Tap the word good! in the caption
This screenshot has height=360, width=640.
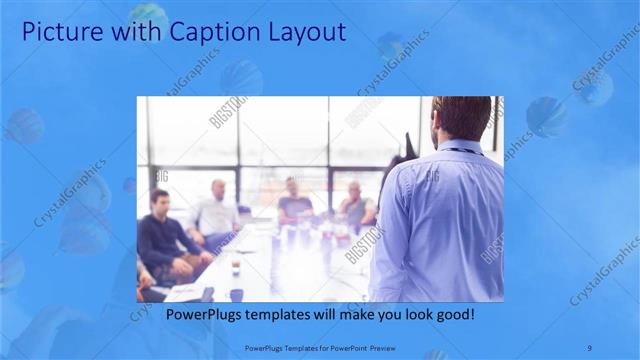[453, 314]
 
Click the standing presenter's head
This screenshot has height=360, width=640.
[461, 117]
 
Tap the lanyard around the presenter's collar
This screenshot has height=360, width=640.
[462, 151]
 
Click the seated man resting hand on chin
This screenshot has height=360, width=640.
[355, 205]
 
